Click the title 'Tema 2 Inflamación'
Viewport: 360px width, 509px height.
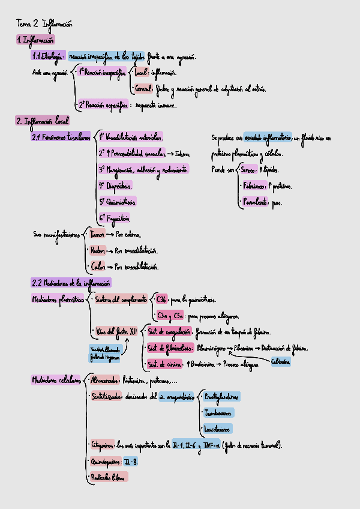coord(44,25)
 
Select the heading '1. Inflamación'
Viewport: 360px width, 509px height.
coord(35,40)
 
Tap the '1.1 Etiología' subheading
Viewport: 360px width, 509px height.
coord(49,56)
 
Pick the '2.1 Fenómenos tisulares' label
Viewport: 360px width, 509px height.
coord(61,137)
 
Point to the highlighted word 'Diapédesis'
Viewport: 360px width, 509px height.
coord(115,185)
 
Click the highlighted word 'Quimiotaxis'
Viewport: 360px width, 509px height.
coord(118,201)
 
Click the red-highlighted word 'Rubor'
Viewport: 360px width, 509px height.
coord(97,249)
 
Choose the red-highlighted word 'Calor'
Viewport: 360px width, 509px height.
coord(96,265)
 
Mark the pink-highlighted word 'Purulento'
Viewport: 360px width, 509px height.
coord(254,203)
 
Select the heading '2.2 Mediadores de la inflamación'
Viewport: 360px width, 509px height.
coord(71,282)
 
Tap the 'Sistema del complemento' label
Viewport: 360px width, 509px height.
coord(121,298)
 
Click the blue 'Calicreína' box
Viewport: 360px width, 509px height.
coord(281,363)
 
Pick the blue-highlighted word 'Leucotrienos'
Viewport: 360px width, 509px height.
coord(217,429)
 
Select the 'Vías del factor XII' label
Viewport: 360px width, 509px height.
coord(116,331)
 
